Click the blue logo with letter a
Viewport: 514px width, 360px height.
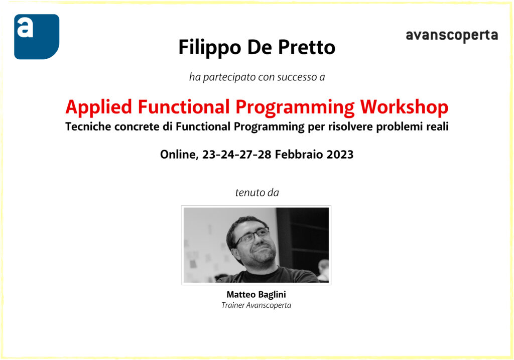pos(36,36)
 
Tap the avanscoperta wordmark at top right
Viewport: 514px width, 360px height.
pos(451,36)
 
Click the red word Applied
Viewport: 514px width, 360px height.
pos(99,107)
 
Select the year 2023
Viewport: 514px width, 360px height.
pos(340,155)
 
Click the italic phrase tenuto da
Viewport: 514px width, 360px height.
pos(256,193)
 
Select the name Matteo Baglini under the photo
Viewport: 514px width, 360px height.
pos(256,295)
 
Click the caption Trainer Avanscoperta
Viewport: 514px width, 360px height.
pos(256,305)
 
